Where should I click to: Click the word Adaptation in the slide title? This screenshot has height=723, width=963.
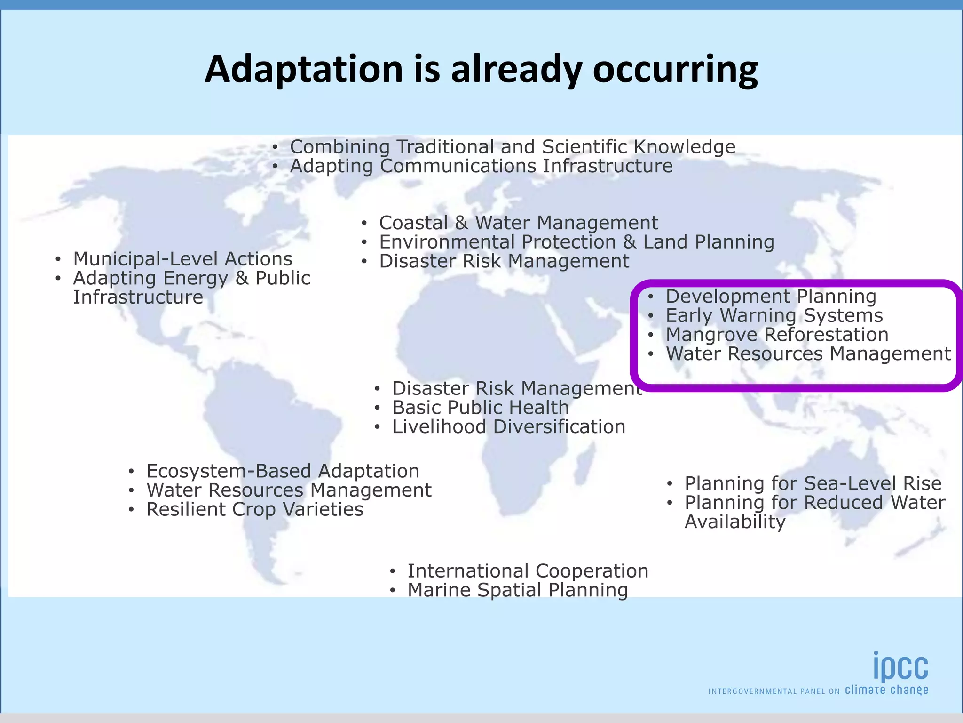(x=304, y=69)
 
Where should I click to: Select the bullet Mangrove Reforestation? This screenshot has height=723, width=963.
(x=777, y=335)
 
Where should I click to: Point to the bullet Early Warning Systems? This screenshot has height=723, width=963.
(x=774, y=315)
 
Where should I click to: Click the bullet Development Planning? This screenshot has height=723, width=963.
(x=771, y=297)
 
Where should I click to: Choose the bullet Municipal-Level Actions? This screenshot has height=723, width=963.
(x=182, y=259)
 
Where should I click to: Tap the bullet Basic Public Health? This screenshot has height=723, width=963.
(x=480, y=408)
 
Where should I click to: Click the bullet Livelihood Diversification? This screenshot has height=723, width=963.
(x=508, y=427)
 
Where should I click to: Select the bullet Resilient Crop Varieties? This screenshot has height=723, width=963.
(x=254, y=509)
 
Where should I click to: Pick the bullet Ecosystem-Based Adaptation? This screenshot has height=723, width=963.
(x=283, y=471)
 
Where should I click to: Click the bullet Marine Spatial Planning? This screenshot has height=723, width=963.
(x=517, y=590)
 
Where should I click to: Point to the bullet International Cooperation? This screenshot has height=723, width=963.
(x=528, y=571)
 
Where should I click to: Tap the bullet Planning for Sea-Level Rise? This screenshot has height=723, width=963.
(x=813, y=483)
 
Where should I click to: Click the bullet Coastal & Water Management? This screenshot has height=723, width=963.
(x=518, y=223)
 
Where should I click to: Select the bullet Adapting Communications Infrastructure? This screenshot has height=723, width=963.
(x=481, y=166)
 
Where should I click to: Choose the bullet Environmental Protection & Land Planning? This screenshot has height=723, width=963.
(x=576, y=242)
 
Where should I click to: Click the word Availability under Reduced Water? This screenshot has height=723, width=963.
(x=735, y=522)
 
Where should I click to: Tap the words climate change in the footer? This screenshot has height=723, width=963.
(x=886, y=691)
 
